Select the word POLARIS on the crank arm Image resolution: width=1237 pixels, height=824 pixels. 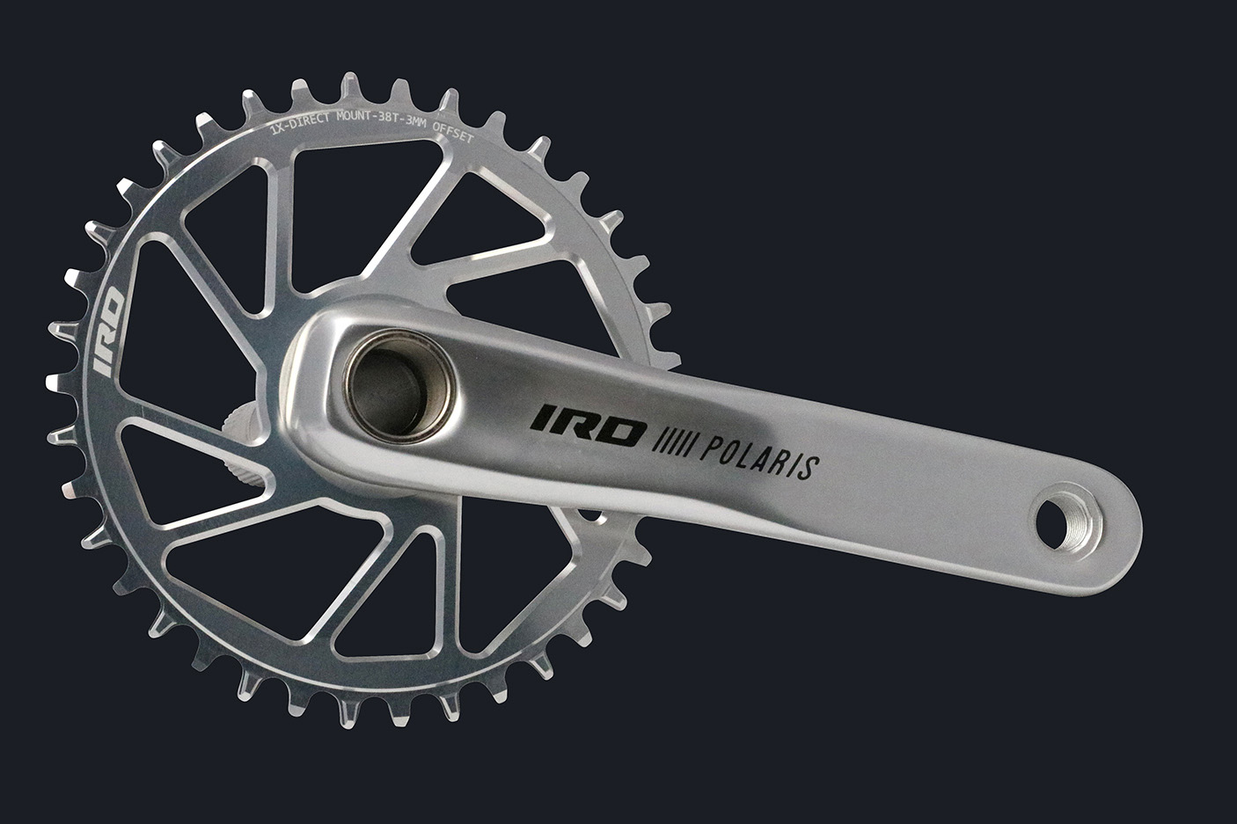(757, 456)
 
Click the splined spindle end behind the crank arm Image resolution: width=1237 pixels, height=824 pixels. (249, 448)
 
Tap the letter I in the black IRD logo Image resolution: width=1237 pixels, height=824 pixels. (540, 416)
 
